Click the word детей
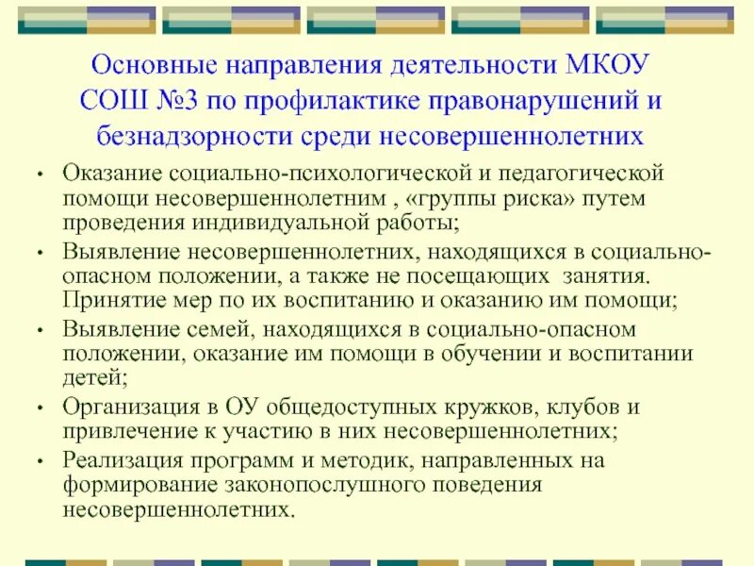tap(93, 378)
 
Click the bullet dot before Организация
tap(39, 407)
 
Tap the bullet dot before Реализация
tap(39, 461)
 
